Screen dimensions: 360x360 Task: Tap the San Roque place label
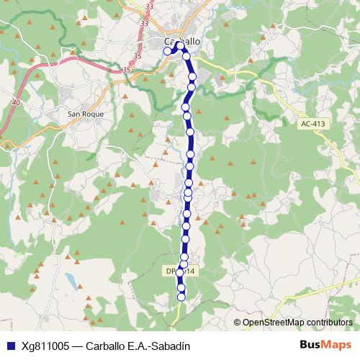[86, 114]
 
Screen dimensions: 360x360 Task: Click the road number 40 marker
[16, 104]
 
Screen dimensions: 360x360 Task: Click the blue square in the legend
[9, 346]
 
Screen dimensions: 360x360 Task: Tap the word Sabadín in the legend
[170, 346]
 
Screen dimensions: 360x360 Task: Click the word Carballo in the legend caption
[106, 346]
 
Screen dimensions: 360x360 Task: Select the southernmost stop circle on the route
[181, 296]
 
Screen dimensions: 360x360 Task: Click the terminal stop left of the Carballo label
[168, 50]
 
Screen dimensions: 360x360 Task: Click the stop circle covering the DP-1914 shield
[181, 273]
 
